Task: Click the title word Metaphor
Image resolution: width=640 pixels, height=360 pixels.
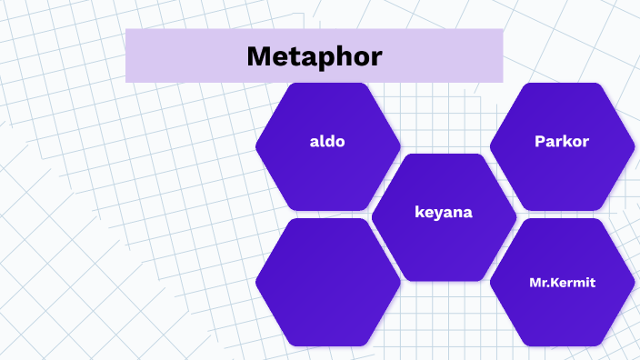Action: coord(314,56)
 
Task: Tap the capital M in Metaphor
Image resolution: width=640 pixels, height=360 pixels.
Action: coord(259,56)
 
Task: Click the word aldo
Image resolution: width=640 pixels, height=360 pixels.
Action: coord(327,142)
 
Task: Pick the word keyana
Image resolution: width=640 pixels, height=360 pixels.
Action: coord(444,213)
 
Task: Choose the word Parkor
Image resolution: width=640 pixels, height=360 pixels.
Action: coord(562,142)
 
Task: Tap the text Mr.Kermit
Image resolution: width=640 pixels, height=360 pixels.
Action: coord(562,283)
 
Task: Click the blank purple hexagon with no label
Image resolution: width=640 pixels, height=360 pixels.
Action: coord(327,282)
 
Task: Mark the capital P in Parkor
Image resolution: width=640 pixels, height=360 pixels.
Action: coord(540,142)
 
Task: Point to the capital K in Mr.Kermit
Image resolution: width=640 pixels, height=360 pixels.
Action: coord(555,283)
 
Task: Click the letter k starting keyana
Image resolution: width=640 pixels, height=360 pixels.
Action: coord(419,213)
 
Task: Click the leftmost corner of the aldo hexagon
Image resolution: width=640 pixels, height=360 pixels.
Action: coord(256,145)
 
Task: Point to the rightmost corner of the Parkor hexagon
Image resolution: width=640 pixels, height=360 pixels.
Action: coord(633,145)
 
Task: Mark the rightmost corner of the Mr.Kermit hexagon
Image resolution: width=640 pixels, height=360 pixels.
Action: coord(633,282)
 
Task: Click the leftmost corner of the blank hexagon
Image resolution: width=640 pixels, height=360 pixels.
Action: coord(256,282)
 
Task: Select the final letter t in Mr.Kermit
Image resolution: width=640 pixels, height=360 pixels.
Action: coord(593,283)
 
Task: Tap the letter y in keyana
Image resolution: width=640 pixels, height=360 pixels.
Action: coord(438,215)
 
